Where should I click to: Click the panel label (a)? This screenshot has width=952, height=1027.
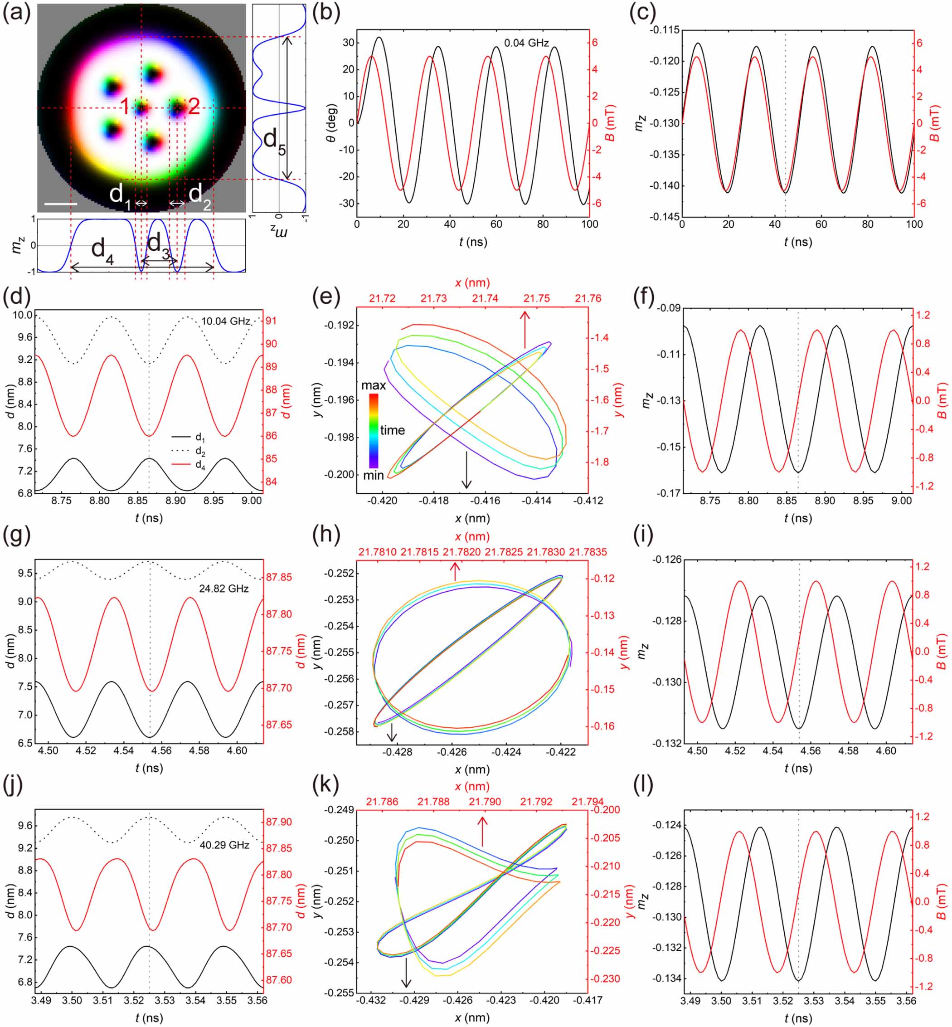16,12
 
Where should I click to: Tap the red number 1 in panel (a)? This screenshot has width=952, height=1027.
125,107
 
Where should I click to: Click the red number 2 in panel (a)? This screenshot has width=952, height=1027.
194,107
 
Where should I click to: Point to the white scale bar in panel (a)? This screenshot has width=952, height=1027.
61,204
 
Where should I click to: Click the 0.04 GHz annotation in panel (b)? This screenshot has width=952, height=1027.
526,43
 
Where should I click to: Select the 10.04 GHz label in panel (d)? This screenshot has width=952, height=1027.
226,321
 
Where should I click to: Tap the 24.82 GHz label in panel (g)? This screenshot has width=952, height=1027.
223,589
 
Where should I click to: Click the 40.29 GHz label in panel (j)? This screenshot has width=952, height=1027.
224,845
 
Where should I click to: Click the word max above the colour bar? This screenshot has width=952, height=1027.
374,385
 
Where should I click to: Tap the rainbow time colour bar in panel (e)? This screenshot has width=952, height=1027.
374,431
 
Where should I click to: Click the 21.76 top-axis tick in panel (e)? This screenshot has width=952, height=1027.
588,298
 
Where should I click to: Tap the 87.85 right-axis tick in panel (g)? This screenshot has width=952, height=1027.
279,577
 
